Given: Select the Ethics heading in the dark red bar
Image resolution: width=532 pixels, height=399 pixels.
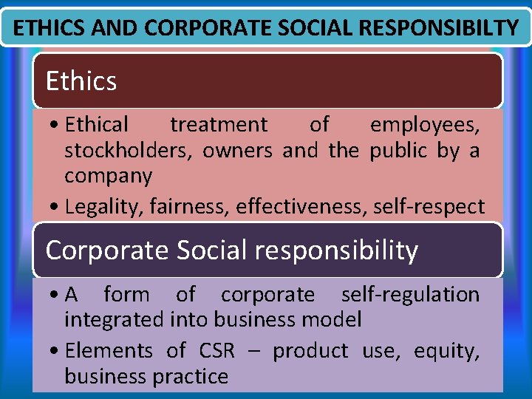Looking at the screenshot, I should pyautogui.click(x=81, y=81).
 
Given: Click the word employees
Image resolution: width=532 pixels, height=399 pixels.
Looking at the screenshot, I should pyautogui.click(x=424, y=125).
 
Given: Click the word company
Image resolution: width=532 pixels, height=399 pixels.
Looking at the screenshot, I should pyautogui.click(x=108, y=176).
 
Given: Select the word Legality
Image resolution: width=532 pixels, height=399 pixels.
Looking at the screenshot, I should pyautogui.click(x=104, y=207).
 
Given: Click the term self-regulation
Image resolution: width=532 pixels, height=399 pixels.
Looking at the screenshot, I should pyautogui.click(x=410, y=295).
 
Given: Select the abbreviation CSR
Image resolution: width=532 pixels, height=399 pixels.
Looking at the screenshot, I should pyautogui.click(x=216, y=350).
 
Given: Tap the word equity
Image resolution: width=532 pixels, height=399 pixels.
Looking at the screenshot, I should pyautogui.click(x=444, y=350).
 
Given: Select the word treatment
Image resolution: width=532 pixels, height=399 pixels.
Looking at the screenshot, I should pyautogui.click(x=219, y=125).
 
